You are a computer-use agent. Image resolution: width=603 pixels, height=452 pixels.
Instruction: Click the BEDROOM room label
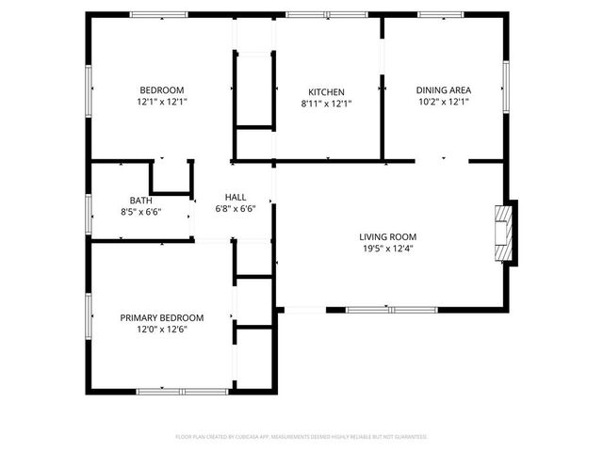[161, 90]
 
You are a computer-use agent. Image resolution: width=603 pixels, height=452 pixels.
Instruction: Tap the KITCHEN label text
[326, 91]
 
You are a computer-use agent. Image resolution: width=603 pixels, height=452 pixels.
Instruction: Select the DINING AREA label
[443, 90]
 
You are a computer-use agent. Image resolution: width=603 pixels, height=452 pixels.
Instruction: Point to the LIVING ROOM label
[387, 236]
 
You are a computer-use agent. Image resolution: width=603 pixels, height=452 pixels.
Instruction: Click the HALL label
[236, 196]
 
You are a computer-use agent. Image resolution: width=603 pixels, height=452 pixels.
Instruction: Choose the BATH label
[141, 201]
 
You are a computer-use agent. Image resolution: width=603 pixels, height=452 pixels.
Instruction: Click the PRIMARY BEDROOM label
[161, 318]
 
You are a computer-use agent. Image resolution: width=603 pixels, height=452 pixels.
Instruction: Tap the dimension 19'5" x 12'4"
[387, 249]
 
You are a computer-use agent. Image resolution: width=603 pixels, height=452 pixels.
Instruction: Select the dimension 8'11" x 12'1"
[326, 103]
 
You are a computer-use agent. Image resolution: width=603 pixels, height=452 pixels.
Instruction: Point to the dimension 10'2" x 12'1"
[443, 102]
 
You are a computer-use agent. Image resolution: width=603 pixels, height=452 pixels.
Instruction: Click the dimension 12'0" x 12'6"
[161, 330]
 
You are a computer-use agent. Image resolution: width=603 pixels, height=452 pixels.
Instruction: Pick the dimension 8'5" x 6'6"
[141, 212]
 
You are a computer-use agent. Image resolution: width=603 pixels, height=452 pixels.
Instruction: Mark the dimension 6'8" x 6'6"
[236, 208]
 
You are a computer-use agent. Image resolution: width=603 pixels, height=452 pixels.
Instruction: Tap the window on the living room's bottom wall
[390, 309]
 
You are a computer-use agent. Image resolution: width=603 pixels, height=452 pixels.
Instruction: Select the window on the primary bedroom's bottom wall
[182, 391]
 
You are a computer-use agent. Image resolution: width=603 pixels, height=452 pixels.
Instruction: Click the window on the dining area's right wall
[506, 86]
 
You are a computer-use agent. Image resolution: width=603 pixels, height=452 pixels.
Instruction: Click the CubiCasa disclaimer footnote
[301, 437]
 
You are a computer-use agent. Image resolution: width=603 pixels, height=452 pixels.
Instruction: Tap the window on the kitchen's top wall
[314, 15]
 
